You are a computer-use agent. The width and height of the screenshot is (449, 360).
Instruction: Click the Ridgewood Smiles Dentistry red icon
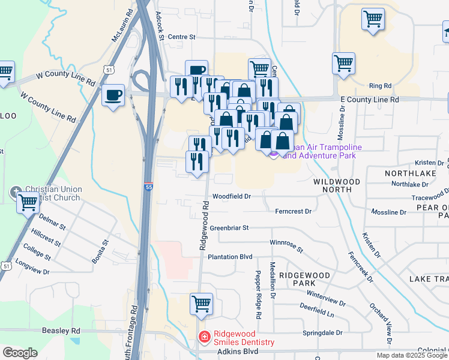[205, 337]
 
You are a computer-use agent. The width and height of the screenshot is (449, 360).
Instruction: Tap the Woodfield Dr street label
[231, 196]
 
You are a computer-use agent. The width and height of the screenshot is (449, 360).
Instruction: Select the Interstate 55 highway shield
[148, 187]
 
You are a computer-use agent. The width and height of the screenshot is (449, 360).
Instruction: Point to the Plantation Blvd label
[230, 257]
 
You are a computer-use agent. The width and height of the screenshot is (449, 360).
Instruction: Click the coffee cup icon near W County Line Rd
[113, 95]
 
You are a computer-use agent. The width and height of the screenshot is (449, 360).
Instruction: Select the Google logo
[20, 353]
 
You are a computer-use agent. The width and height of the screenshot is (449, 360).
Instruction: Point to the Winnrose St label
[286, 246]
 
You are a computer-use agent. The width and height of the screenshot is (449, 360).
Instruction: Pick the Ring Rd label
[380, 86]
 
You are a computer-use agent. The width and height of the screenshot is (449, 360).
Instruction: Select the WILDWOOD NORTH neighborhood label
[336, 185]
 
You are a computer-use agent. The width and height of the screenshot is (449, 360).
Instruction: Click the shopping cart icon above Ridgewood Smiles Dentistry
[201, 303]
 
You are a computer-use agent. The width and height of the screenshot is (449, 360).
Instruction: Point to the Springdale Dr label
[322, 332]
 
